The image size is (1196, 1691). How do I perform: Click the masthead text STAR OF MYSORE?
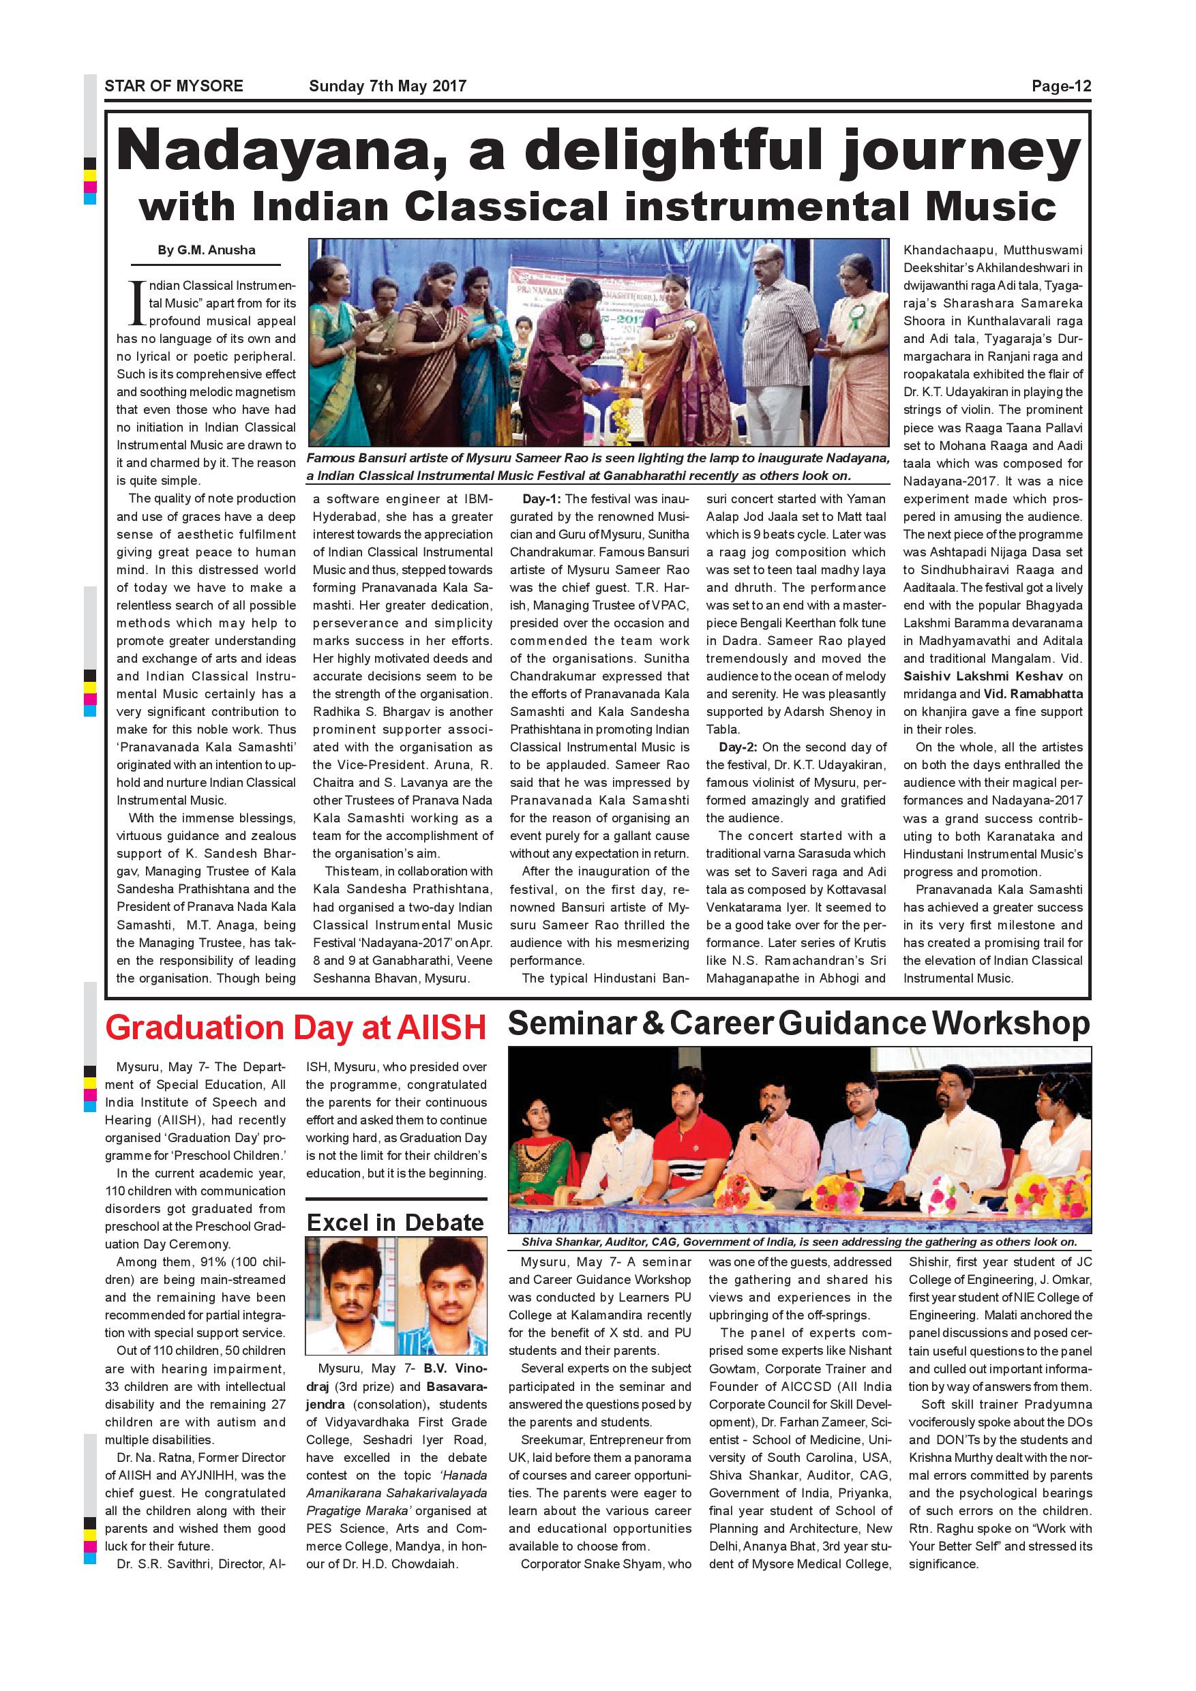click(x=174, y=86)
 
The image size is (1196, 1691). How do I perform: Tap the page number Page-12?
click(x=1060, y=86)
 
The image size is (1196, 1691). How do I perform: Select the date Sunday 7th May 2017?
click(x=387, y=86)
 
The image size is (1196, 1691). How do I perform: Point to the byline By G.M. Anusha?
click(x=206, y=250)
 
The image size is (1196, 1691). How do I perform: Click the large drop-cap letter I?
click(x=136, y=303)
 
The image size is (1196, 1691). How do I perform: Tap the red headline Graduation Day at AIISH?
click(x=295, y=1028)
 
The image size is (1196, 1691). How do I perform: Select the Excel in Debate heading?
click(x=395, y=1223)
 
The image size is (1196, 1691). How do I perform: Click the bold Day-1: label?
click(x=541, y=499)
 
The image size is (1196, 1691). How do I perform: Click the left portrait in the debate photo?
click(x=350, y=1297)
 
